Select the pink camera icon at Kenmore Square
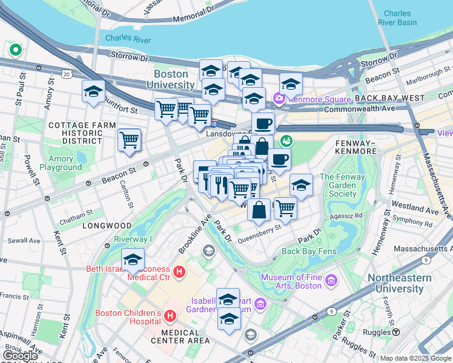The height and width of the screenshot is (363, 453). (279, 98)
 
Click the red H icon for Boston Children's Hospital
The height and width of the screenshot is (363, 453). (170, 315)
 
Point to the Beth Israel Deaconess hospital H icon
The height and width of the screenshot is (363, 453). (179, 272)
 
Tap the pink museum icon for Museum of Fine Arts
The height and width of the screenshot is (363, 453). (331, 280)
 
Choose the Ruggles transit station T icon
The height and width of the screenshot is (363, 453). (395, 332)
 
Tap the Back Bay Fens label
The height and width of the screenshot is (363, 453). (308, 251)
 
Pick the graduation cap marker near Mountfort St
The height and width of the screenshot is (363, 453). (94, 92)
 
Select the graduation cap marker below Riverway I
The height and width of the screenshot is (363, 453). (133, 260)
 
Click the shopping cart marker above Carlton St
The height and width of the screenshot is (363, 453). (130, 140)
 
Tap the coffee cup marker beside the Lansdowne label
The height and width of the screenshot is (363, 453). (263, 123)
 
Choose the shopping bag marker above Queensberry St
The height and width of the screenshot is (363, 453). (259, 209)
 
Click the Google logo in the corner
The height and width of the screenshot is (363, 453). (21, 356)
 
